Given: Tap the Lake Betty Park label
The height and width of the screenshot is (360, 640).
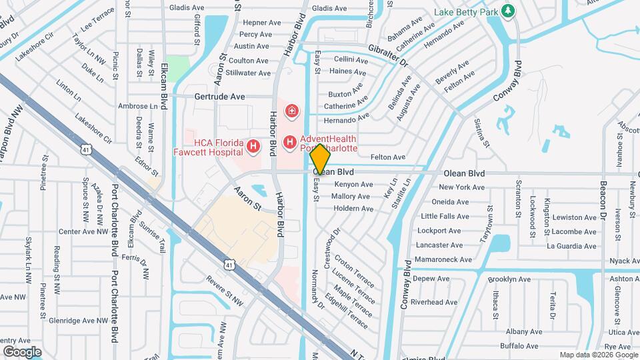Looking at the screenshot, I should pyautogui.click(x=467, y=12).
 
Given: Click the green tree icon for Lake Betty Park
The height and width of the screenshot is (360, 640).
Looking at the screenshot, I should pyautogui.click(x=509, y=11).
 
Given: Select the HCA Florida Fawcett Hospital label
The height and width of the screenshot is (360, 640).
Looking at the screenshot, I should pyautogui.click(x=217, y=147).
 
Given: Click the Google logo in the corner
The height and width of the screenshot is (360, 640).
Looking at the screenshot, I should pyautogui.click(x=22, y=351).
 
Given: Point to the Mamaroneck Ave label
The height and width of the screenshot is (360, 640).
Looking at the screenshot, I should pyautogui.click(x=443, y=259).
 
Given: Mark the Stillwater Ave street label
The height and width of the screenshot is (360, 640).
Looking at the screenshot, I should pyautogui.click(x=248, y=73).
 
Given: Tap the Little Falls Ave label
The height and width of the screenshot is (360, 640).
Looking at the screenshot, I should pyautogui.click(x=445, y=217).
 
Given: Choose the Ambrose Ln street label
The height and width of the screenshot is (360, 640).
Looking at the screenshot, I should pyautogui.click(x=133, y=106).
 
